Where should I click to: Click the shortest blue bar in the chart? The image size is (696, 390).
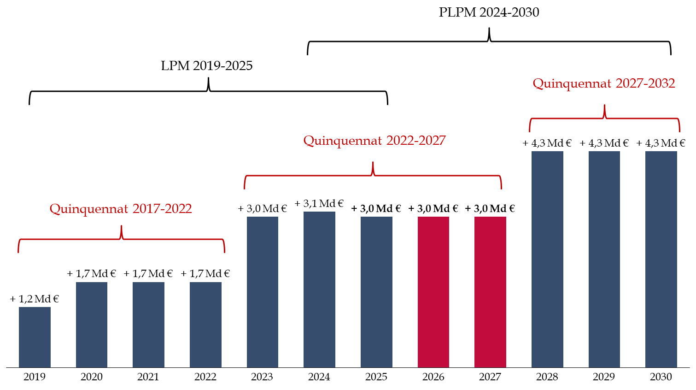pyautogui.click(x=35, y=337)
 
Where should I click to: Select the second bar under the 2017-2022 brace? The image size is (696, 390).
pyautogui.click(x=92, y=325)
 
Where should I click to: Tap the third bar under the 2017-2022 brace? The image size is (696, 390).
pyautogui.click(x=148, y=325)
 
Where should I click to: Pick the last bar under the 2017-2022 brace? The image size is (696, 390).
pyautogui.click(x=205, y=325)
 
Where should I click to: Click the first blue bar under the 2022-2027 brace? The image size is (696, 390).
pyautogui.click(x=263, y=292)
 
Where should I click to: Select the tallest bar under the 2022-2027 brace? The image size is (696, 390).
pyautogui.click(x=319, y=290)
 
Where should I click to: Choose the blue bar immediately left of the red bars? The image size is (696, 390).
pyautogui.click(x=376, y=292)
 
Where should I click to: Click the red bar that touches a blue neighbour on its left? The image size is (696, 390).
pyautogui.click(x=433, y=292)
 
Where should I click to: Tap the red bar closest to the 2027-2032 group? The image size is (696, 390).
pyautogui.click(x=490, y=292)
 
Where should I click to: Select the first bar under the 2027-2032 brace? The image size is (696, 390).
pyautogui.click(x=547, y=259)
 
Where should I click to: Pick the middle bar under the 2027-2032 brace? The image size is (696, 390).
pyautogui.click(x=604, y=259)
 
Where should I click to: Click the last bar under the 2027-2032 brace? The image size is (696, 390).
pyautogui.click(x=661, y=259)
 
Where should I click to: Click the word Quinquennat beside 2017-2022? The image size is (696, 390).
pyautogui.click(x=88, y=209)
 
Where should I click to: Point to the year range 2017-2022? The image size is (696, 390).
pyautogui.click(x=162, y=209)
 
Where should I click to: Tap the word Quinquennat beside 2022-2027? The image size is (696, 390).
pyautogui.click(x=342, y=141)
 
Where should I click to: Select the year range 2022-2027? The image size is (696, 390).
pyautogui.click(x=416, y=141)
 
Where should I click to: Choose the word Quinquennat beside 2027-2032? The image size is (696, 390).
pyautogui.click(x=572, y=84)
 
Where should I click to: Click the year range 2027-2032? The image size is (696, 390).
pyautogui.click(x=645, y=83)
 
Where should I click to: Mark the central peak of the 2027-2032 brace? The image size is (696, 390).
pyautogui.click(x=604, y=107)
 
